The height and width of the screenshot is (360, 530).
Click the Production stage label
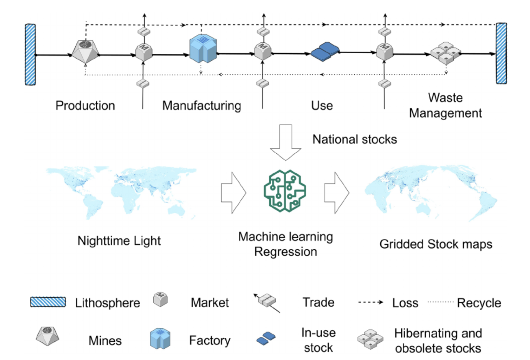click(85, 106)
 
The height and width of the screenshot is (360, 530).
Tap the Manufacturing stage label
click(201, 106)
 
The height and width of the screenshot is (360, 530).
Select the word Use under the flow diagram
click(322, 106)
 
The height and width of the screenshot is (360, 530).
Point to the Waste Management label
click(445, 105)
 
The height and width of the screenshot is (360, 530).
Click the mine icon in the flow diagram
click(85, 51)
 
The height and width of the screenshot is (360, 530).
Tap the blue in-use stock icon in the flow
click(325, 53)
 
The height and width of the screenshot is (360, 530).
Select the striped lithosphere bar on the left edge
click(31, 54)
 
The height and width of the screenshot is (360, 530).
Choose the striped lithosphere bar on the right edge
click(501, 53)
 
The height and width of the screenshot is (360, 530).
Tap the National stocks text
click(354, 139)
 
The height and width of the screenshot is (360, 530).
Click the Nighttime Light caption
click(119, 241)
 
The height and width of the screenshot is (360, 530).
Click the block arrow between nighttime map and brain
click(234, 191)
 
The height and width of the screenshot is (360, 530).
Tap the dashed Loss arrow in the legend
click(371, 303)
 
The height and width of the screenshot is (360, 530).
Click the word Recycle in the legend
click(479, 303)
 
